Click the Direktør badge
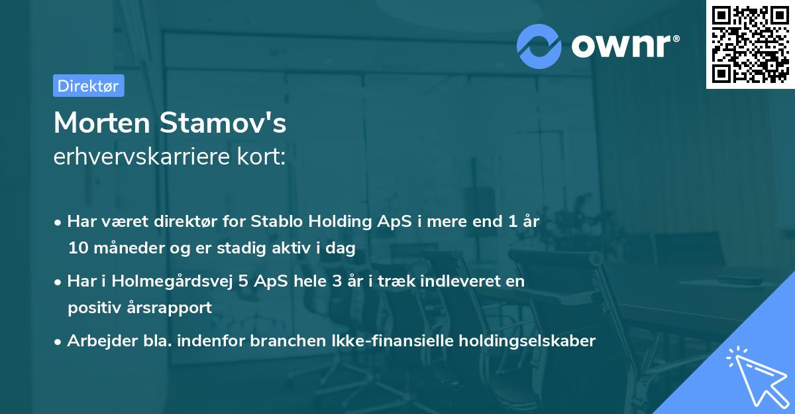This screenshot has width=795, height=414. (x=88, y=86)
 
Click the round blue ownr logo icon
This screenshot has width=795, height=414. (x=539, y=46)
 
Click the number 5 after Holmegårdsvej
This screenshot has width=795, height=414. (x=243, y=281)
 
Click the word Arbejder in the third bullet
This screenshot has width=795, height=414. (x=96, y=341)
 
